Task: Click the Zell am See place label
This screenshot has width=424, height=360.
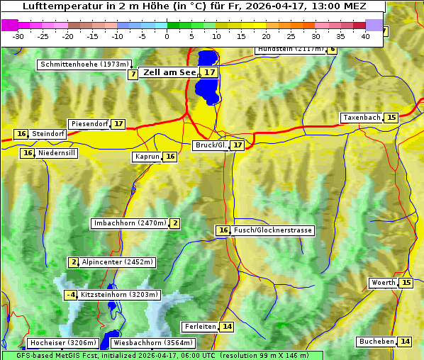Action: [169, 72]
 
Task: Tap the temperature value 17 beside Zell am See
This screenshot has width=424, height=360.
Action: [208, 72]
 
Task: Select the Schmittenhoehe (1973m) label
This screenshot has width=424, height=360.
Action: [84, 64]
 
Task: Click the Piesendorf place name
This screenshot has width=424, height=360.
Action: [89, 124]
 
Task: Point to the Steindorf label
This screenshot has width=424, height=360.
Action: [48, 134]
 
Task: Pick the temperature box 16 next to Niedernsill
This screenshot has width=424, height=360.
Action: [28, 153]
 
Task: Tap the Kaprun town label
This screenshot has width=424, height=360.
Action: [147, 157]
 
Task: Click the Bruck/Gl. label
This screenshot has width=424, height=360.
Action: [211, 145]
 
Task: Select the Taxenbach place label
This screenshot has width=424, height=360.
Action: [362, 118]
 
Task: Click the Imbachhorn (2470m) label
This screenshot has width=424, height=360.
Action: [130, 224]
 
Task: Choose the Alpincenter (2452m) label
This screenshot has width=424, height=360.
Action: [117, 262]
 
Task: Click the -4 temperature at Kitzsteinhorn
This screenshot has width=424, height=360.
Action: [70, 295]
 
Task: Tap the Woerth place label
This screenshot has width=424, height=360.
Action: [383, 283]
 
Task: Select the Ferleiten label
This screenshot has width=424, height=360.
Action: [199, 327]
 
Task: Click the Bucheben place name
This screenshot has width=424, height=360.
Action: [376, 342]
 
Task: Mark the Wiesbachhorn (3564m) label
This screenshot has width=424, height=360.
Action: [142, 343]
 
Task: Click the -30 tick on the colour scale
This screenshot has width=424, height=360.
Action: [18, 35]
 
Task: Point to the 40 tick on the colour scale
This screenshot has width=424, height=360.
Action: [366, 35]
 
